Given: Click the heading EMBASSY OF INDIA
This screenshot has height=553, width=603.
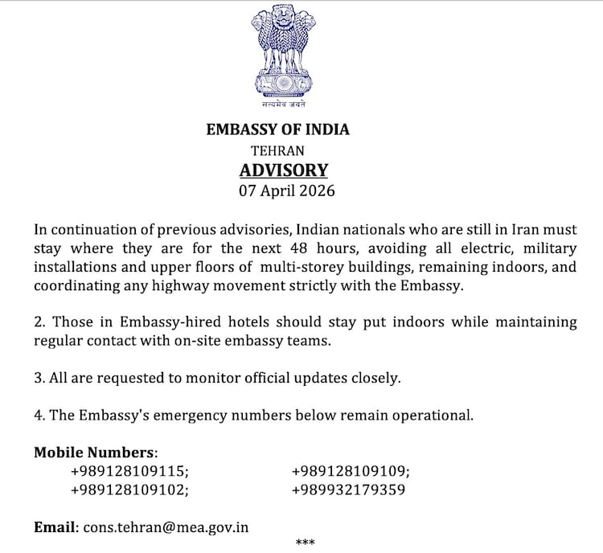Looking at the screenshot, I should pyautogui.click(x=278, y=129).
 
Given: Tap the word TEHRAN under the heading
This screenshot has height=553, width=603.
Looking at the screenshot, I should pyautogui.click(x=277, y=150).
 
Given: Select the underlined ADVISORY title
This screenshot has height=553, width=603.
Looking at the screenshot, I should pyautogui.click(x=284, y=170).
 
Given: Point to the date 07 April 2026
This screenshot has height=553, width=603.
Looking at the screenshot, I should pyautogui.click(x=286, y=191).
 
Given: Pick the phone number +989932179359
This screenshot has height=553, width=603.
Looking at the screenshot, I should pyautogui.click(x=349, y=489).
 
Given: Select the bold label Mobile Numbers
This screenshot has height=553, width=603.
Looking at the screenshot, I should pyautogui.click(x=95, y=452).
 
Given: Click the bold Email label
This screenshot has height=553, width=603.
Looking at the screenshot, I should pyautogui.click(x=55, y=527).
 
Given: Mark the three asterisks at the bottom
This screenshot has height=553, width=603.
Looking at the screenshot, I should pyautogui.click(x=306, y=543).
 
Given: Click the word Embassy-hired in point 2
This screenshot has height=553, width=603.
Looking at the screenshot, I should pyautogui.click(x=168, y=322).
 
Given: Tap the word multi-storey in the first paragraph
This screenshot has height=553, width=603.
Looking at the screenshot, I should pyautogui.click(x=302, y=267).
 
